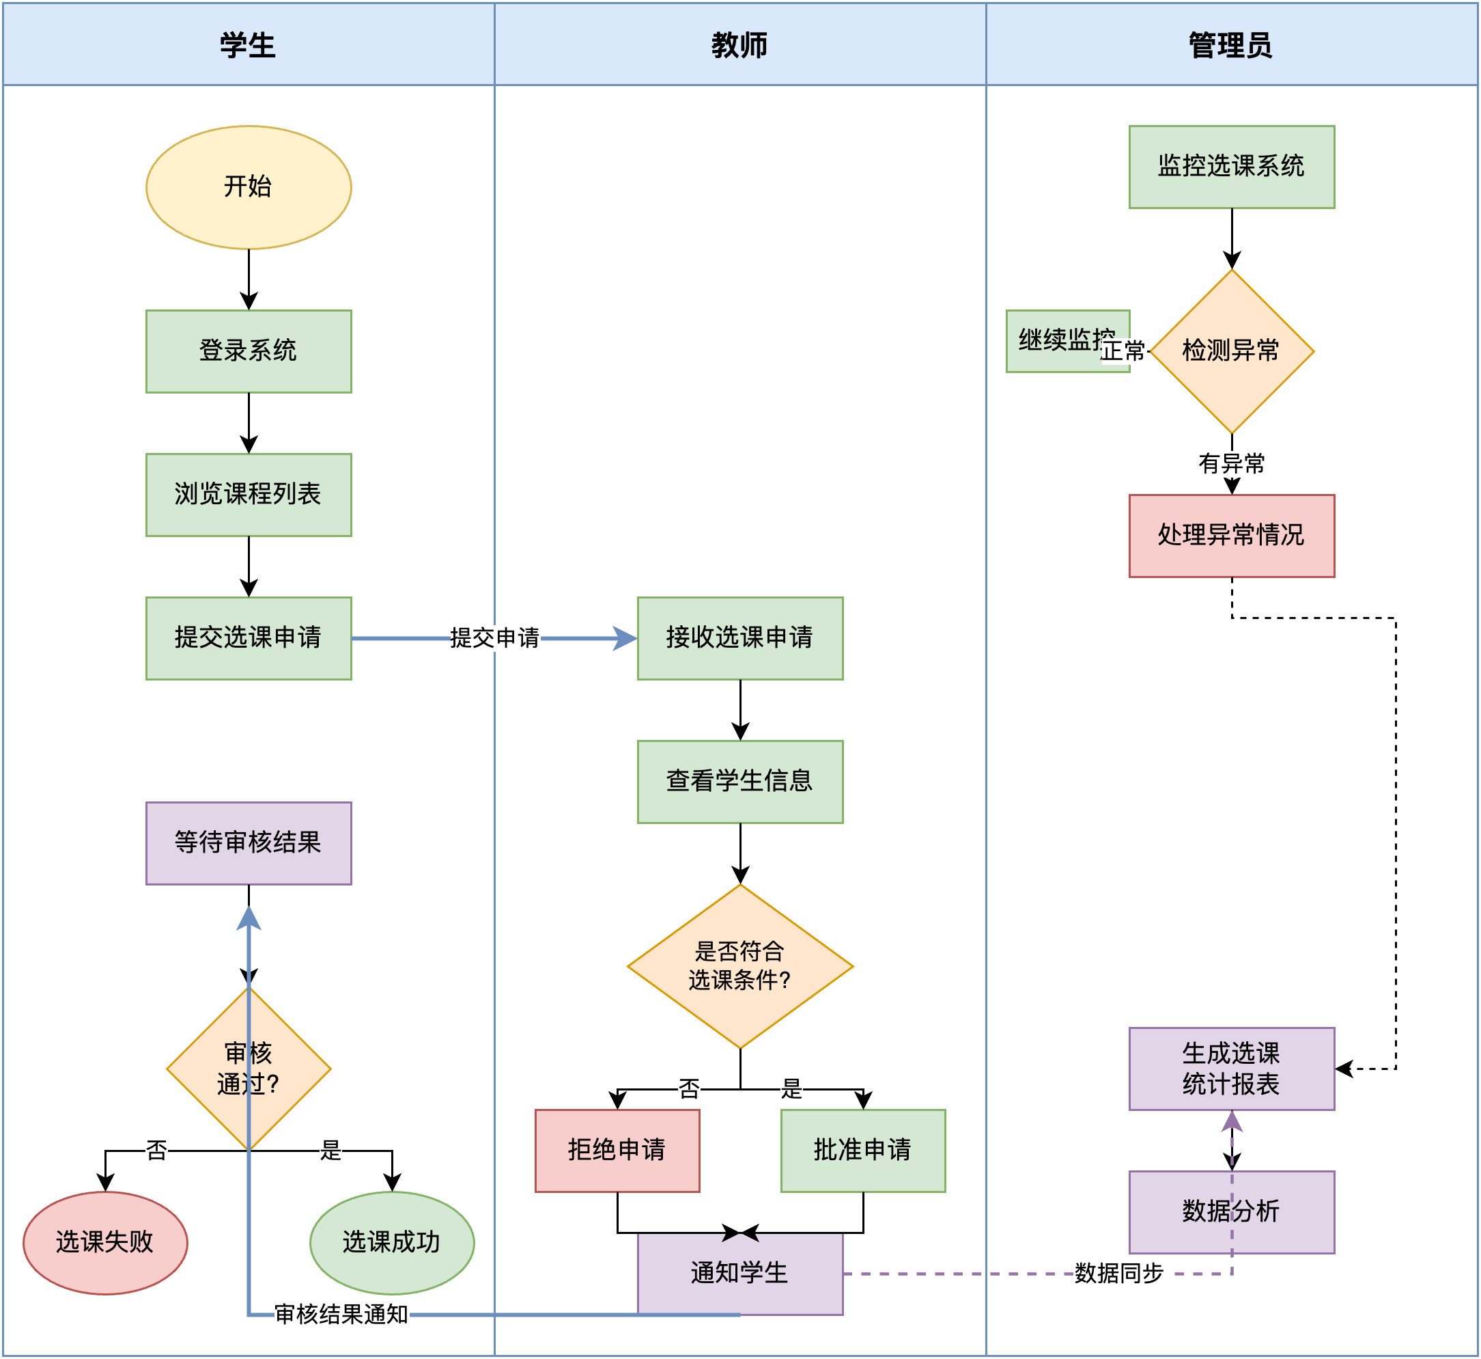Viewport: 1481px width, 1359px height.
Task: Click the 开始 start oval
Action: pyautogui.click(x=249, y=187)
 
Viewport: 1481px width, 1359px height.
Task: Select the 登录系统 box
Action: pyautogui.click(x=249, y=351)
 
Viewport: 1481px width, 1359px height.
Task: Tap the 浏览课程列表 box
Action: pyautogui.click(x=249, y=494)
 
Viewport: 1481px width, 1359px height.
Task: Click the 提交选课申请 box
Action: pyautogui.click(x=249, y=637)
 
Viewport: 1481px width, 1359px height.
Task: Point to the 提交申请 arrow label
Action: pyautogui.click(x=494, y=637)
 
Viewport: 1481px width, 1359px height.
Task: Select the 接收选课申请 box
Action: pyautogui.click(x=739, y=637)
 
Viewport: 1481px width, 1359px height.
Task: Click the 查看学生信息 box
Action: pyautogui.click(x=739, y=781)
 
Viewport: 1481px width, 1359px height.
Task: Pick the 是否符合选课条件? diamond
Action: pyautogui.click(x=739, y=965)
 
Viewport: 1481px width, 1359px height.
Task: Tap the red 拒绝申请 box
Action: pyautogui.click(x=617, y=1150)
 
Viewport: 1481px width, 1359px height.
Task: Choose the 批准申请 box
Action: pyautogui.click(x=863, y=1150)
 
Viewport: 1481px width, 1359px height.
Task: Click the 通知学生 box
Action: pyautogui.click(x=739, y=1273)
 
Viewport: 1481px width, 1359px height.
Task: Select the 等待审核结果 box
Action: pyautogui.click(x=249, y=842)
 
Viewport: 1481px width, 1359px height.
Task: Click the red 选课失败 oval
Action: pyautogui.click(x=105, y=1242)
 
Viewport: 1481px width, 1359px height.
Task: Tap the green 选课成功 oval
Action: pyautogui.click(x=392, y=1242)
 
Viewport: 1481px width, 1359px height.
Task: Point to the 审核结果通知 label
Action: pyautogui.click(x=341, y=1314)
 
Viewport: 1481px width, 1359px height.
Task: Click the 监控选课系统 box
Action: pyautogui.click(x=1231, y=166)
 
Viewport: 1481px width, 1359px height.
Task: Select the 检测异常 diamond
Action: pyautogui.click(x=1231, y=351)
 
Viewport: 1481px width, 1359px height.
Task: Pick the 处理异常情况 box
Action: pyautogui.click(x=1231, y=536)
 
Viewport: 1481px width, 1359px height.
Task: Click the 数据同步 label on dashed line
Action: pyautogui.click(x=1118, y=1273)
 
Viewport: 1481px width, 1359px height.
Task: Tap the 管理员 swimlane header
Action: pyautogui.click(x=1231, y=45)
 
